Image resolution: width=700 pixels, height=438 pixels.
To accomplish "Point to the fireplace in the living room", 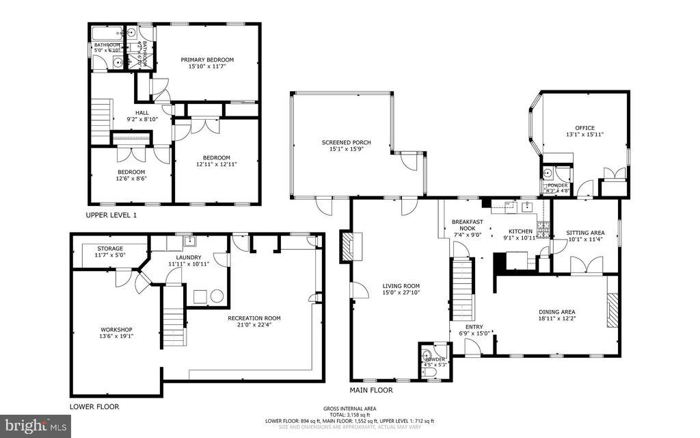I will [348, 246].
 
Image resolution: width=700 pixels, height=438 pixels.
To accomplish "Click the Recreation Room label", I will [254, 318].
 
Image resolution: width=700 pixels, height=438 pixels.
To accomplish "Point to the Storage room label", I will [110, 248].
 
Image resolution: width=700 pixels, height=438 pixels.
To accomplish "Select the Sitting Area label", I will [586, 233].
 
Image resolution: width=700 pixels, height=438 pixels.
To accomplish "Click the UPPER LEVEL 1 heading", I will [111, 215].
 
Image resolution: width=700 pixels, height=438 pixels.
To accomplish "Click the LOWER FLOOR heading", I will [94, 407].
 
